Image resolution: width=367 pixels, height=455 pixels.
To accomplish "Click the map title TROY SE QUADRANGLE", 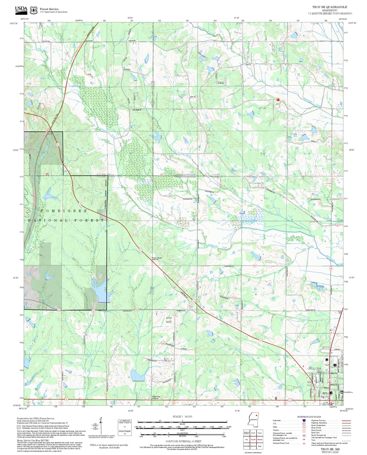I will pos(329,7).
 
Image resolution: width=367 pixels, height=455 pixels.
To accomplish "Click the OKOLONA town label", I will pos(314,369).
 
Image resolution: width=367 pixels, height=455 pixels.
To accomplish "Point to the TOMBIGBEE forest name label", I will pos(64,211).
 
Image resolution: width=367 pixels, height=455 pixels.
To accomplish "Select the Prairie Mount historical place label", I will pos(157,258).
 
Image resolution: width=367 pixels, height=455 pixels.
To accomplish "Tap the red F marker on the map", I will pos(278,100).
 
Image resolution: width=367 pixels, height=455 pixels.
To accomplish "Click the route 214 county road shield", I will pos(321,203).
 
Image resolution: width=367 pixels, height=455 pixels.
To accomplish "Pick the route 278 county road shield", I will pos(234,298).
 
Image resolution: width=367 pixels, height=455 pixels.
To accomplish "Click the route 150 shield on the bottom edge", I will pos(285,402).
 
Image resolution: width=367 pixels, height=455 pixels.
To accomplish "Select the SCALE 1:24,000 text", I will pos(182,416).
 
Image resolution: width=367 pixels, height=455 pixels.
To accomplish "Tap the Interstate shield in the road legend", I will pos(304,421).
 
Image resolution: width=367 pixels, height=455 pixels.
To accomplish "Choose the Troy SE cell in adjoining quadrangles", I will pos(253,440).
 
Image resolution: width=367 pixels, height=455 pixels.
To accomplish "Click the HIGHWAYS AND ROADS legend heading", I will pos(309,417).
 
